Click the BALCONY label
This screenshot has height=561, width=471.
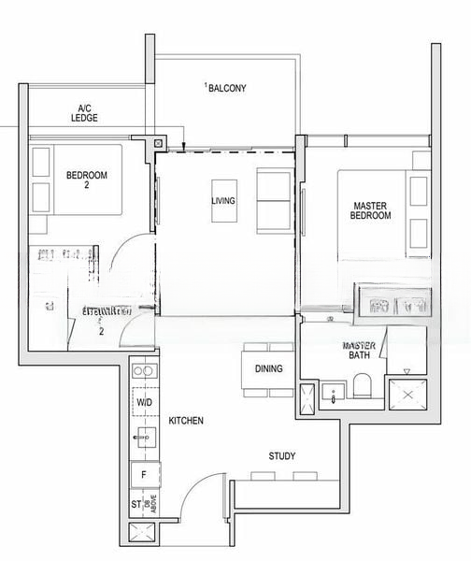click(x=227, y=88)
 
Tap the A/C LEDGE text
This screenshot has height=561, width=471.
click(x=85, y=113)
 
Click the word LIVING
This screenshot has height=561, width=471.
click(x=223, y=201)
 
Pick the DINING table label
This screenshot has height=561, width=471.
click(x=268, y=368)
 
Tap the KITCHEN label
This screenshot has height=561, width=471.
click(x=186, y=422)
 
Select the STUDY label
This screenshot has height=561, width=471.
click(x=282, y=456)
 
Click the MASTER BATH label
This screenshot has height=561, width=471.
click(x=358, y=351)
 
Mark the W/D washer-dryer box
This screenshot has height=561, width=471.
click(x=144, y=402)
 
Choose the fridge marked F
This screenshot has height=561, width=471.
click(x=143, y=475)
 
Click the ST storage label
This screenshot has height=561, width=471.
click(x=136, y=506)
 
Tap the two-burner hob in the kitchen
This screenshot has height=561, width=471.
click(x=143, y=372)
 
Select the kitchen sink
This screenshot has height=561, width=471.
click(x=143, y=435)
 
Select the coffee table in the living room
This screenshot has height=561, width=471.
click(x=224, y=200)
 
